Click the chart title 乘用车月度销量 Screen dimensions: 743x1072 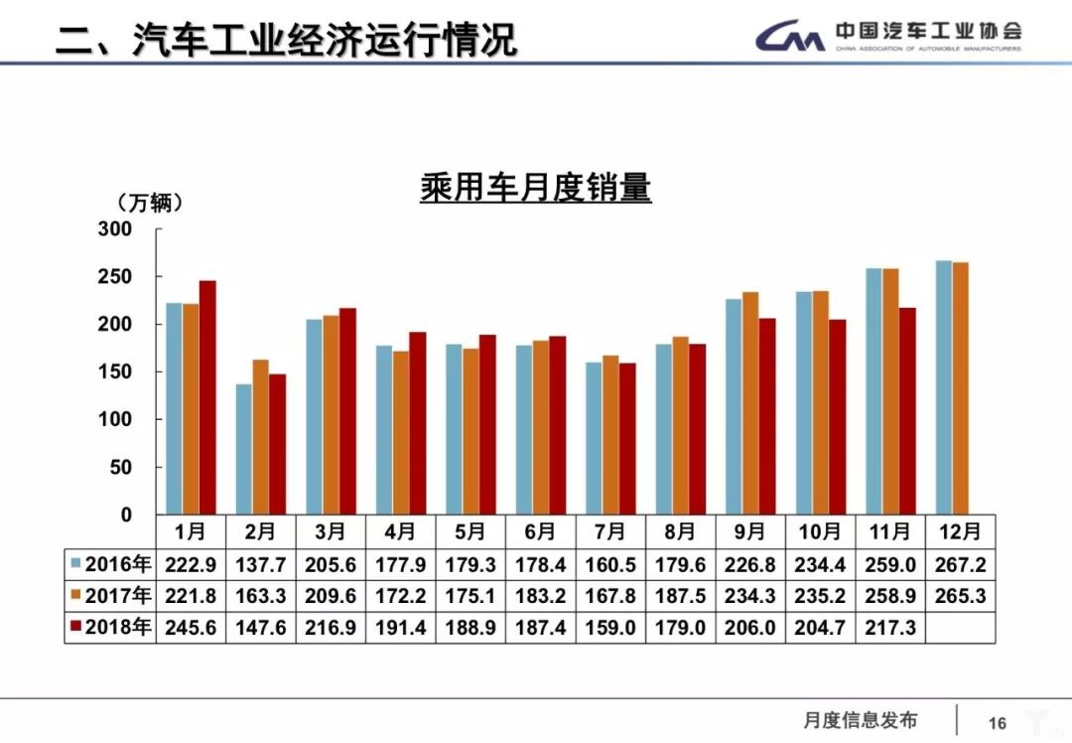(x=535, y=187)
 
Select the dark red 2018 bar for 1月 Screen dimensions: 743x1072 (x=207, y=397)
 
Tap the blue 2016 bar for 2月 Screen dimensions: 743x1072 (x=243, y=449)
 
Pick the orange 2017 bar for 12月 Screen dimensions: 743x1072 (x=960, y=388)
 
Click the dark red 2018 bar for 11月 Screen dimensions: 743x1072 (x=906, y=411)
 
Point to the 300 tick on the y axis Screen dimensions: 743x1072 (x=115, y=229)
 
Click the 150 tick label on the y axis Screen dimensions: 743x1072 (x=115, y=371)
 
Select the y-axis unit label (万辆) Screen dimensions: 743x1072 (x=150, y=203)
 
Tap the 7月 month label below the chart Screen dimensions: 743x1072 (x=609, y=532)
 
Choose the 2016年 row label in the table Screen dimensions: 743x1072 (x=111, y=565)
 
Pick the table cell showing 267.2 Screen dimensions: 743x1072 (x=959, y=565)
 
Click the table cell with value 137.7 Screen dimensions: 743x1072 (x=260, y=565)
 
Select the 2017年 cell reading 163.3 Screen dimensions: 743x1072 (x=260, y=596)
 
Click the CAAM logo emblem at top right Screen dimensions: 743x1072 (x=790, y=37)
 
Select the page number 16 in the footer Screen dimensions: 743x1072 (x=998, y=723)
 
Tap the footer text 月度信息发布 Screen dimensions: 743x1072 (x=861, y=721)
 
